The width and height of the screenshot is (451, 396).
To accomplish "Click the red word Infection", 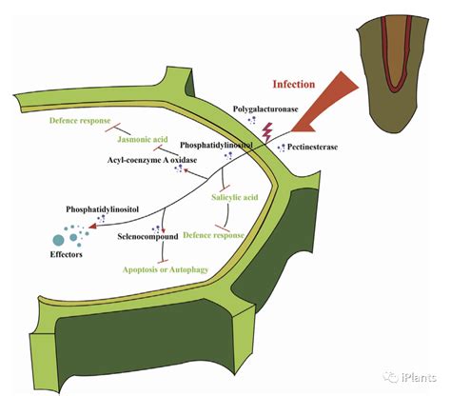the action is click(x=294, y=84).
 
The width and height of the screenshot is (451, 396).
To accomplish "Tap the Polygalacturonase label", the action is click(x=265, y=109).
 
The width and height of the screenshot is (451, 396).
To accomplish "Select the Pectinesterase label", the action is click(x=312, y=147).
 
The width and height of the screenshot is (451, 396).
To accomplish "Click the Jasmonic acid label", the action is click(x=143, y=139).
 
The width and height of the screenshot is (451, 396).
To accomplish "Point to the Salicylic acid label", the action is click(x=235, y=197).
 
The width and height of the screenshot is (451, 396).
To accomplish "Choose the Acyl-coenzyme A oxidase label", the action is click(x=152, y=160).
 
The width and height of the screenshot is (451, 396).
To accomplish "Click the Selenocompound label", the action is click(x=147, y=237).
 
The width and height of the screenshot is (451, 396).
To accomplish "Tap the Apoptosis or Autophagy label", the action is click(x=166, y=270).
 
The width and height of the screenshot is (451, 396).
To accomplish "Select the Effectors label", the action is click(x=66, y=254).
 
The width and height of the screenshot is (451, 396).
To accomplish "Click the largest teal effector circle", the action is click(x=58, y=240).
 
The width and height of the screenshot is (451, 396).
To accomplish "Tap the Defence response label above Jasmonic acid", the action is click(x=80, y=121).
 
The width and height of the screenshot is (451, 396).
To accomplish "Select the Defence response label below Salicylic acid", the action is click(x=214, y=235).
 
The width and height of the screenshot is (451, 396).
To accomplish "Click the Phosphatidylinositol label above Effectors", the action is click(x=102, y=209).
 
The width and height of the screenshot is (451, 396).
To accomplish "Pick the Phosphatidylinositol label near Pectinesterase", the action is click(x=216, y=145).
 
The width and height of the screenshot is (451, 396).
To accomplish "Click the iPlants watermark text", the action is click(x=419, y=378).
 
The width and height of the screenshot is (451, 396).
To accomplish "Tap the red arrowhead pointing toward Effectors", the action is click(x=92, y=227).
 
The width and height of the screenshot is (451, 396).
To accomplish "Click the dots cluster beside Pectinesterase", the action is click(x=282, y=148).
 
